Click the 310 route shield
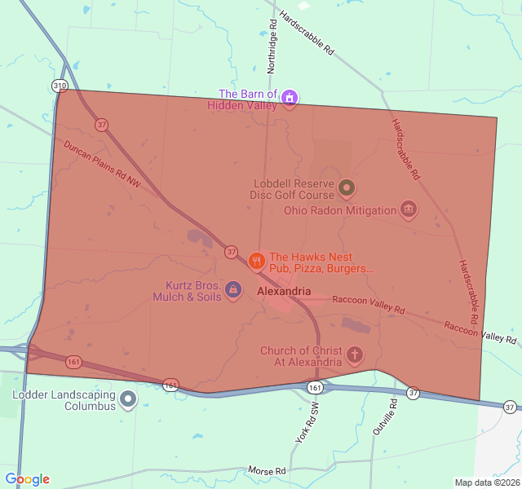[59, 86]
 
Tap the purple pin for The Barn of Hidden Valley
[289, 99]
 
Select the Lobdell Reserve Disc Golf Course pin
[347, 188]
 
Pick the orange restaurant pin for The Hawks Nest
[256, 261]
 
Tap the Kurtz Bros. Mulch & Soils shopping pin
[232, 289]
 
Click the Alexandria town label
[283, 291]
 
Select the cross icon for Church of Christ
[354, 355]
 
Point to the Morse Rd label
[268, 471]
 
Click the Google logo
[27, 479]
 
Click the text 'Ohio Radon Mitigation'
[340, 210]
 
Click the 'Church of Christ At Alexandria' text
[301, 356]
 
